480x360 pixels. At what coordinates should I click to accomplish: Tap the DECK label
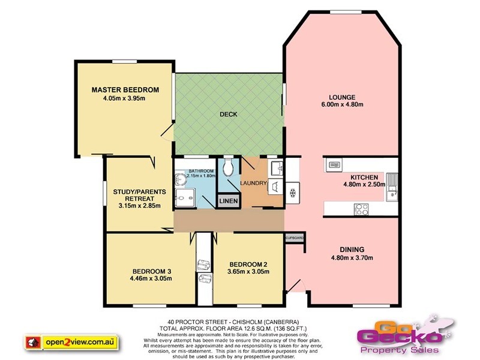click(229, 114)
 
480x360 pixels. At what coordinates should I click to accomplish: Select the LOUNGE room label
click(342, 97)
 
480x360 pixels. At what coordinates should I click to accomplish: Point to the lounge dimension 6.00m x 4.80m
click(342, 105)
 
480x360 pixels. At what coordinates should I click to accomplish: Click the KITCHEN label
click(364, 177)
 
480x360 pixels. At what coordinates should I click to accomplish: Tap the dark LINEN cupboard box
click(227, 200)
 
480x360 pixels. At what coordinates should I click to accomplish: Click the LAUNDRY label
click(254, 183)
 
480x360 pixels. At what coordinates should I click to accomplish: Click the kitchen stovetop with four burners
click(362, 209)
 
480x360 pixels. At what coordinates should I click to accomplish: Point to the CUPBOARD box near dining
click(295, 238)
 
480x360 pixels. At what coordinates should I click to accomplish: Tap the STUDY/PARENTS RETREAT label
click(137, 196)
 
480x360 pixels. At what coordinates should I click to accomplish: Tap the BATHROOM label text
click(201, 171)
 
